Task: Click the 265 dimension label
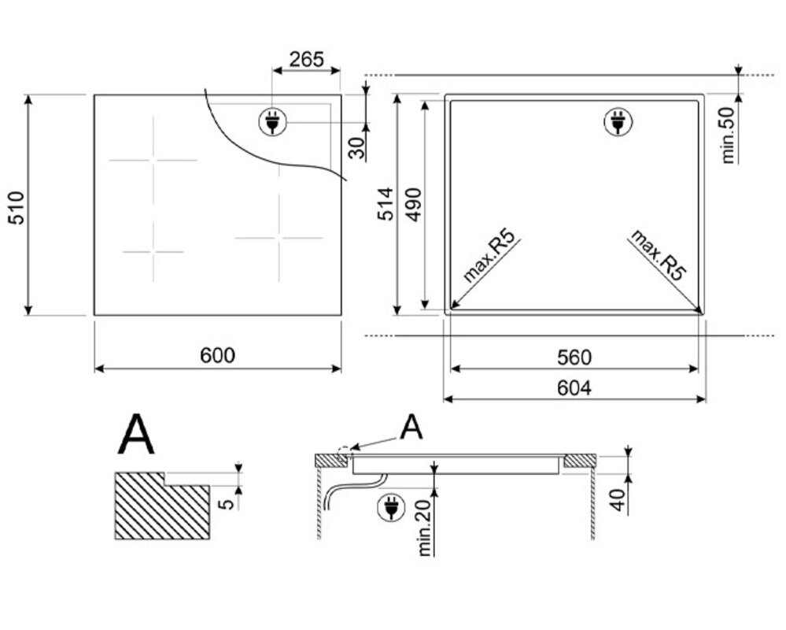pos(307,60)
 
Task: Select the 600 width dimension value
pos(218,355)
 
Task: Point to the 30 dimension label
pos(356,147)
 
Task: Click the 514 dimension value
pos(386,204)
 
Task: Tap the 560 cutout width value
pos(574,358)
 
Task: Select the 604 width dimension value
pos(574,387)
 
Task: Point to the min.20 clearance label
pos(424,528)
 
